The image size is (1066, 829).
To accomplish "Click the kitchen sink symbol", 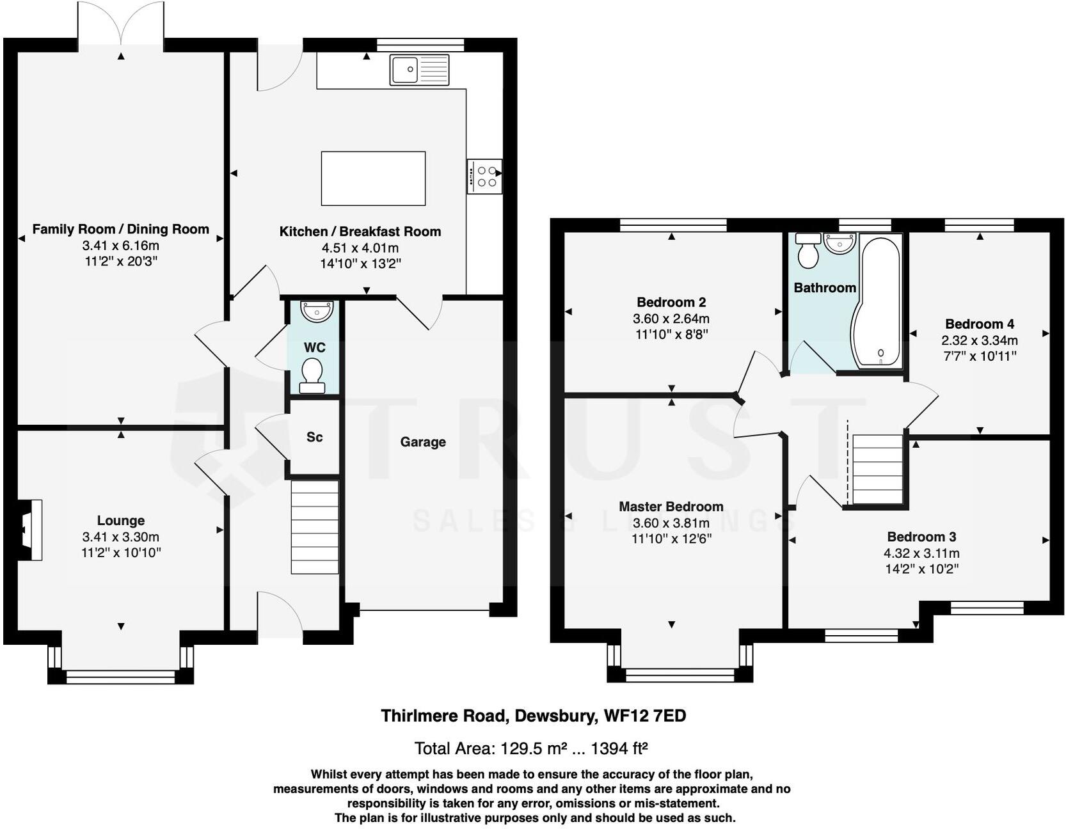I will coord(419,70).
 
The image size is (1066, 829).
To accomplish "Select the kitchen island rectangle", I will coord(373,178).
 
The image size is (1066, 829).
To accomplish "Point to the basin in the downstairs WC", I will coord(317,311).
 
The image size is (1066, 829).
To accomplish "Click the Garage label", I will coord(423,442).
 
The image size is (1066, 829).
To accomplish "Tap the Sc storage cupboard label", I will coord(314,437).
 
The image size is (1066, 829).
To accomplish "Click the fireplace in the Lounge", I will coord(29,530).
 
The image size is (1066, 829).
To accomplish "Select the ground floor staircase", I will coord(315,527).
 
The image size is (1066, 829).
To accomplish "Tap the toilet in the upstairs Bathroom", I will coord(808,251).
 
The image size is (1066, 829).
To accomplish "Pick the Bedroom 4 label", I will coord(979,324).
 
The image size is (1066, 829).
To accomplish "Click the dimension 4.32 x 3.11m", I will coord(921,553).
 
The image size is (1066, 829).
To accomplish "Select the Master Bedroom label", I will coord(671,507).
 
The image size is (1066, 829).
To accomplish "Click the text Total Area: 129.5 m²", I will coord(490,748).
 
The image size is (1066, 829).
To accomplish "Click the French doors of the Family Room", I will coord(121,24).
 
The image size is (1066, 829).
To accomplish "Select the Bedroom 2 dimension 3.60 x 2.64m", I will coord(671,319).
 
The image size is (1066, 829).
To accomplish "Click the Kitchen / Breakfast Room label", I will coord(360,232).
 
